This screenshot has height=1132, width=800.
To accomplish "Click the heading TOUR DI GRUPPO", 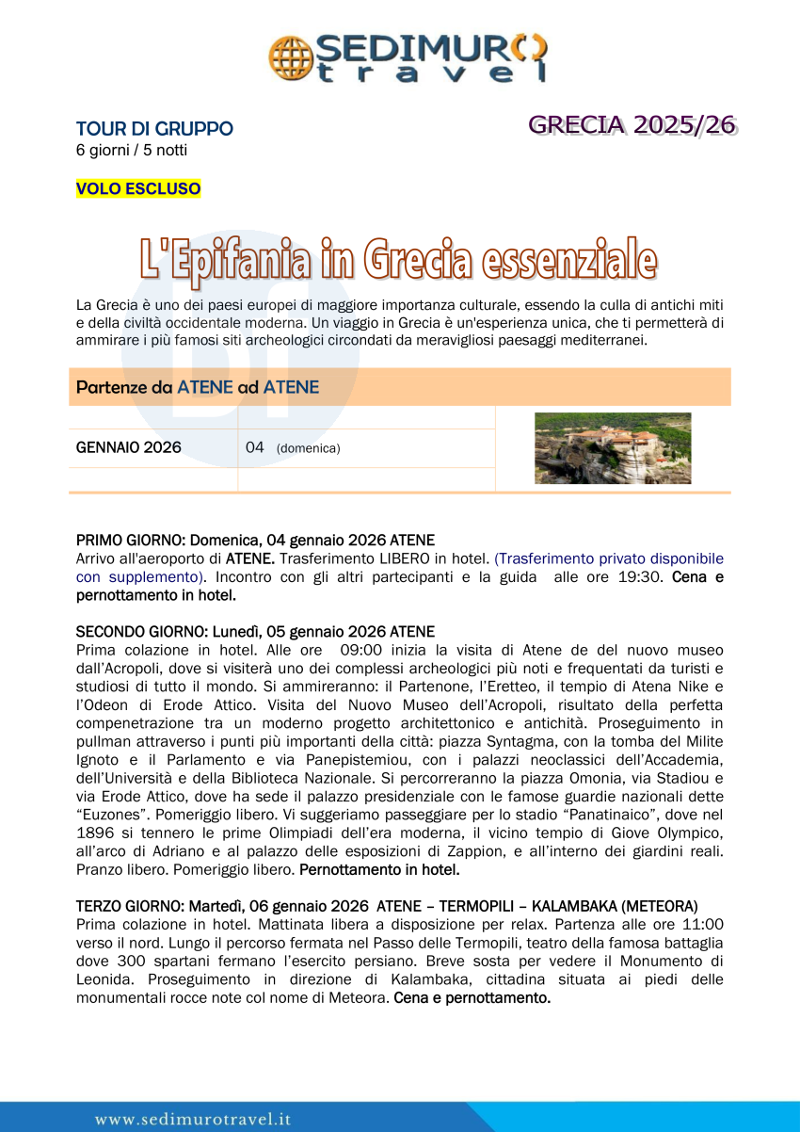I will pos(154,129).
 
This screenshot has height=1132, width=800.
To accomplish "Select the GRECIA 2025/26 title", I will pos(632,125).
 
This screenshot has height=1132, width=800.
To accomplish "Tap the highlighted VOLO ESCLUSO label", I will pos(138,188).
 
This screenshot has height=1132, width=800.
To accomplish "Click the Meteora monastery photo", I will pos(613,448).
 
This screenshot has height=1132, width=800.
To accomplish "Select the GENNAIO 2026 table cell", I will pos(129,447).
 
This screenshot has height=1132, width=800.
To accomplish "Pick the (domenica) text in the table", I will pos(308,448).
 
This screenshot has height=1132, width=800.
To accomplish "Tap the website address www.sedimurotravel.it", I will pos(193,1119).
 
